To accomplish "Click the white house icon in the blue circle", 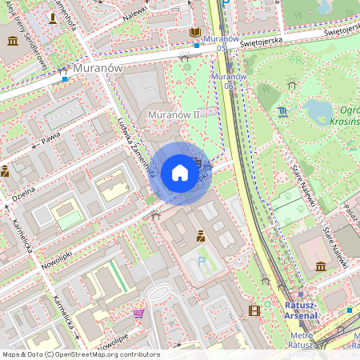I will (x=180, y=173).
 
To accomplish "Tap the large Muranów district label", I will (x=97, y=69).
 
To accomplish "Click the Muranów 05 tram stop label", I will (x=221, y=43).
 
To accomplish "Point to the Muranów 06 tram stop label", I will (x=224, y=80).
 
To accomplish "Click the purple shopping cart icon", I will (x=139, y=314).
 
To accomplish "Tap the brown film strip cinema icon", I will (x=254, y=310).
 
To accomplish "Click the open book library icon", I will (x=195, y=32).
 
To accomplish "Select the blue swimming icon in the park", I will (x=284, y=112).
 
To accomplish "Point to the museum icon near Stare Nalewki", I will (x=321, y=266).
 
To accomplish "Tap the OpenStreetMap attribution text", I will (x=81, y=354).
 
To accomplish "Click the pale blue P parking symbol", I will (x=200, y=262).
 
